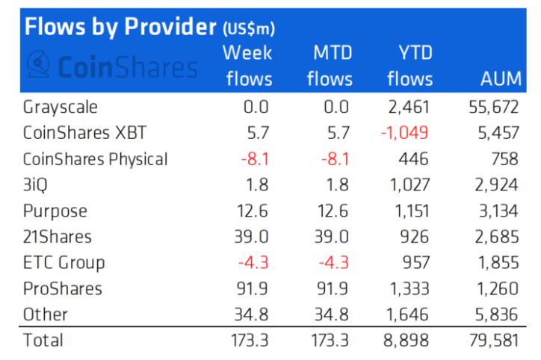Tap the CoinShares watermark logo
coord(112,66)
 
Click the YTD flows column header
coord(410,66)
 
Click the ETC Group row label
coord(64,263)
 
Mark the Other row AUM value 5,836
coord(495,314)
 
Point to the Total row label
coord(43,341)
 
